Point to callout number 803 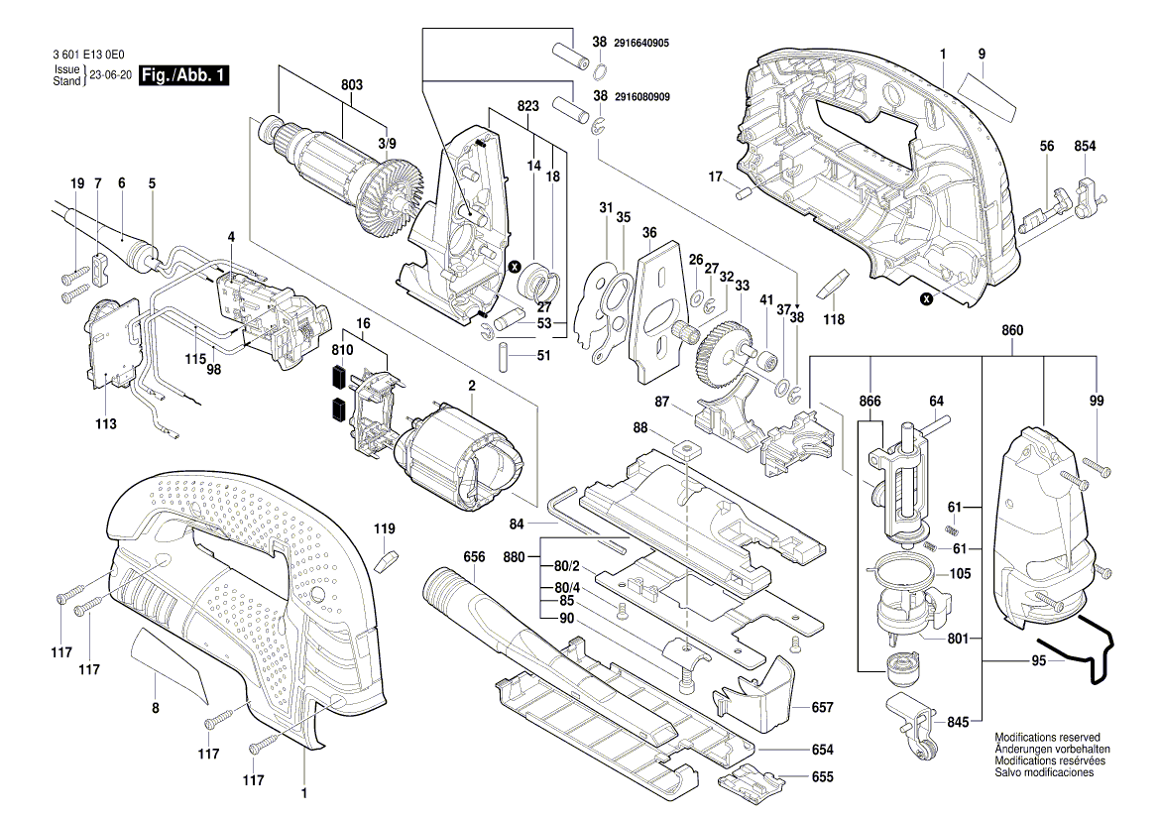pyautogui.click(x=352, y=86)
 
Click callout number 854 pyautogui.click(x=1085, y=146)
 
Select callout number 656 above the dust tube pyautogui.click(x=474, y=557)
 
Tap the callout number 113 pyautogui.click(x=106, y=423)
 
